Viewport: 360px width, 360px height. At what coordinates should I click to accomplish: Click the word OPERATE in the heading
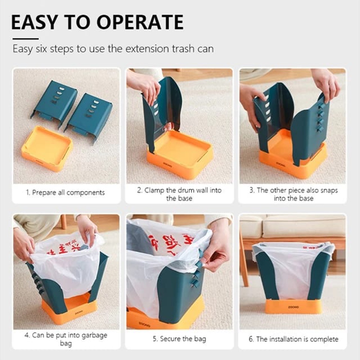140,22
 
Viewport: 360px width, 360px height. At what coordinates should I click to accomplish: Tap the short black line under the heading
25,39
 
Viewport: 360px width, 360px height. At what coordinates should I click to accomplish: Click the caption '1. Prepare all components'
65,193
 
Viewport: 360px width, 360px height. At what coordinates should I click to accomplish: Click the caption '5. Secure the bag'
179,339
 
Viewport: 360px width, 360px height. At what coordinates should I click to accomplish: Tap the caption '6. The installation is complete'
293,339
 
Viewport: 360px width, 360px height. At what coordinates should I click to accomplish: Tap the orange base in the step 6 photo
293,306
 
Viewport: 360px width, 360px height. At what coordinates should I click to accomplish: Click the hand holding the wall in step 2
145,85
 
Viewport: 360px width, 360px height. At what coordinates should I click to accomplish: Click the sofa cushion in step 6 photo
304,226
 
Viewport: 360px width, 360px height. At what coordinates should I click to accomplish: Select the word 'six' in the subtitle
41,49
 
